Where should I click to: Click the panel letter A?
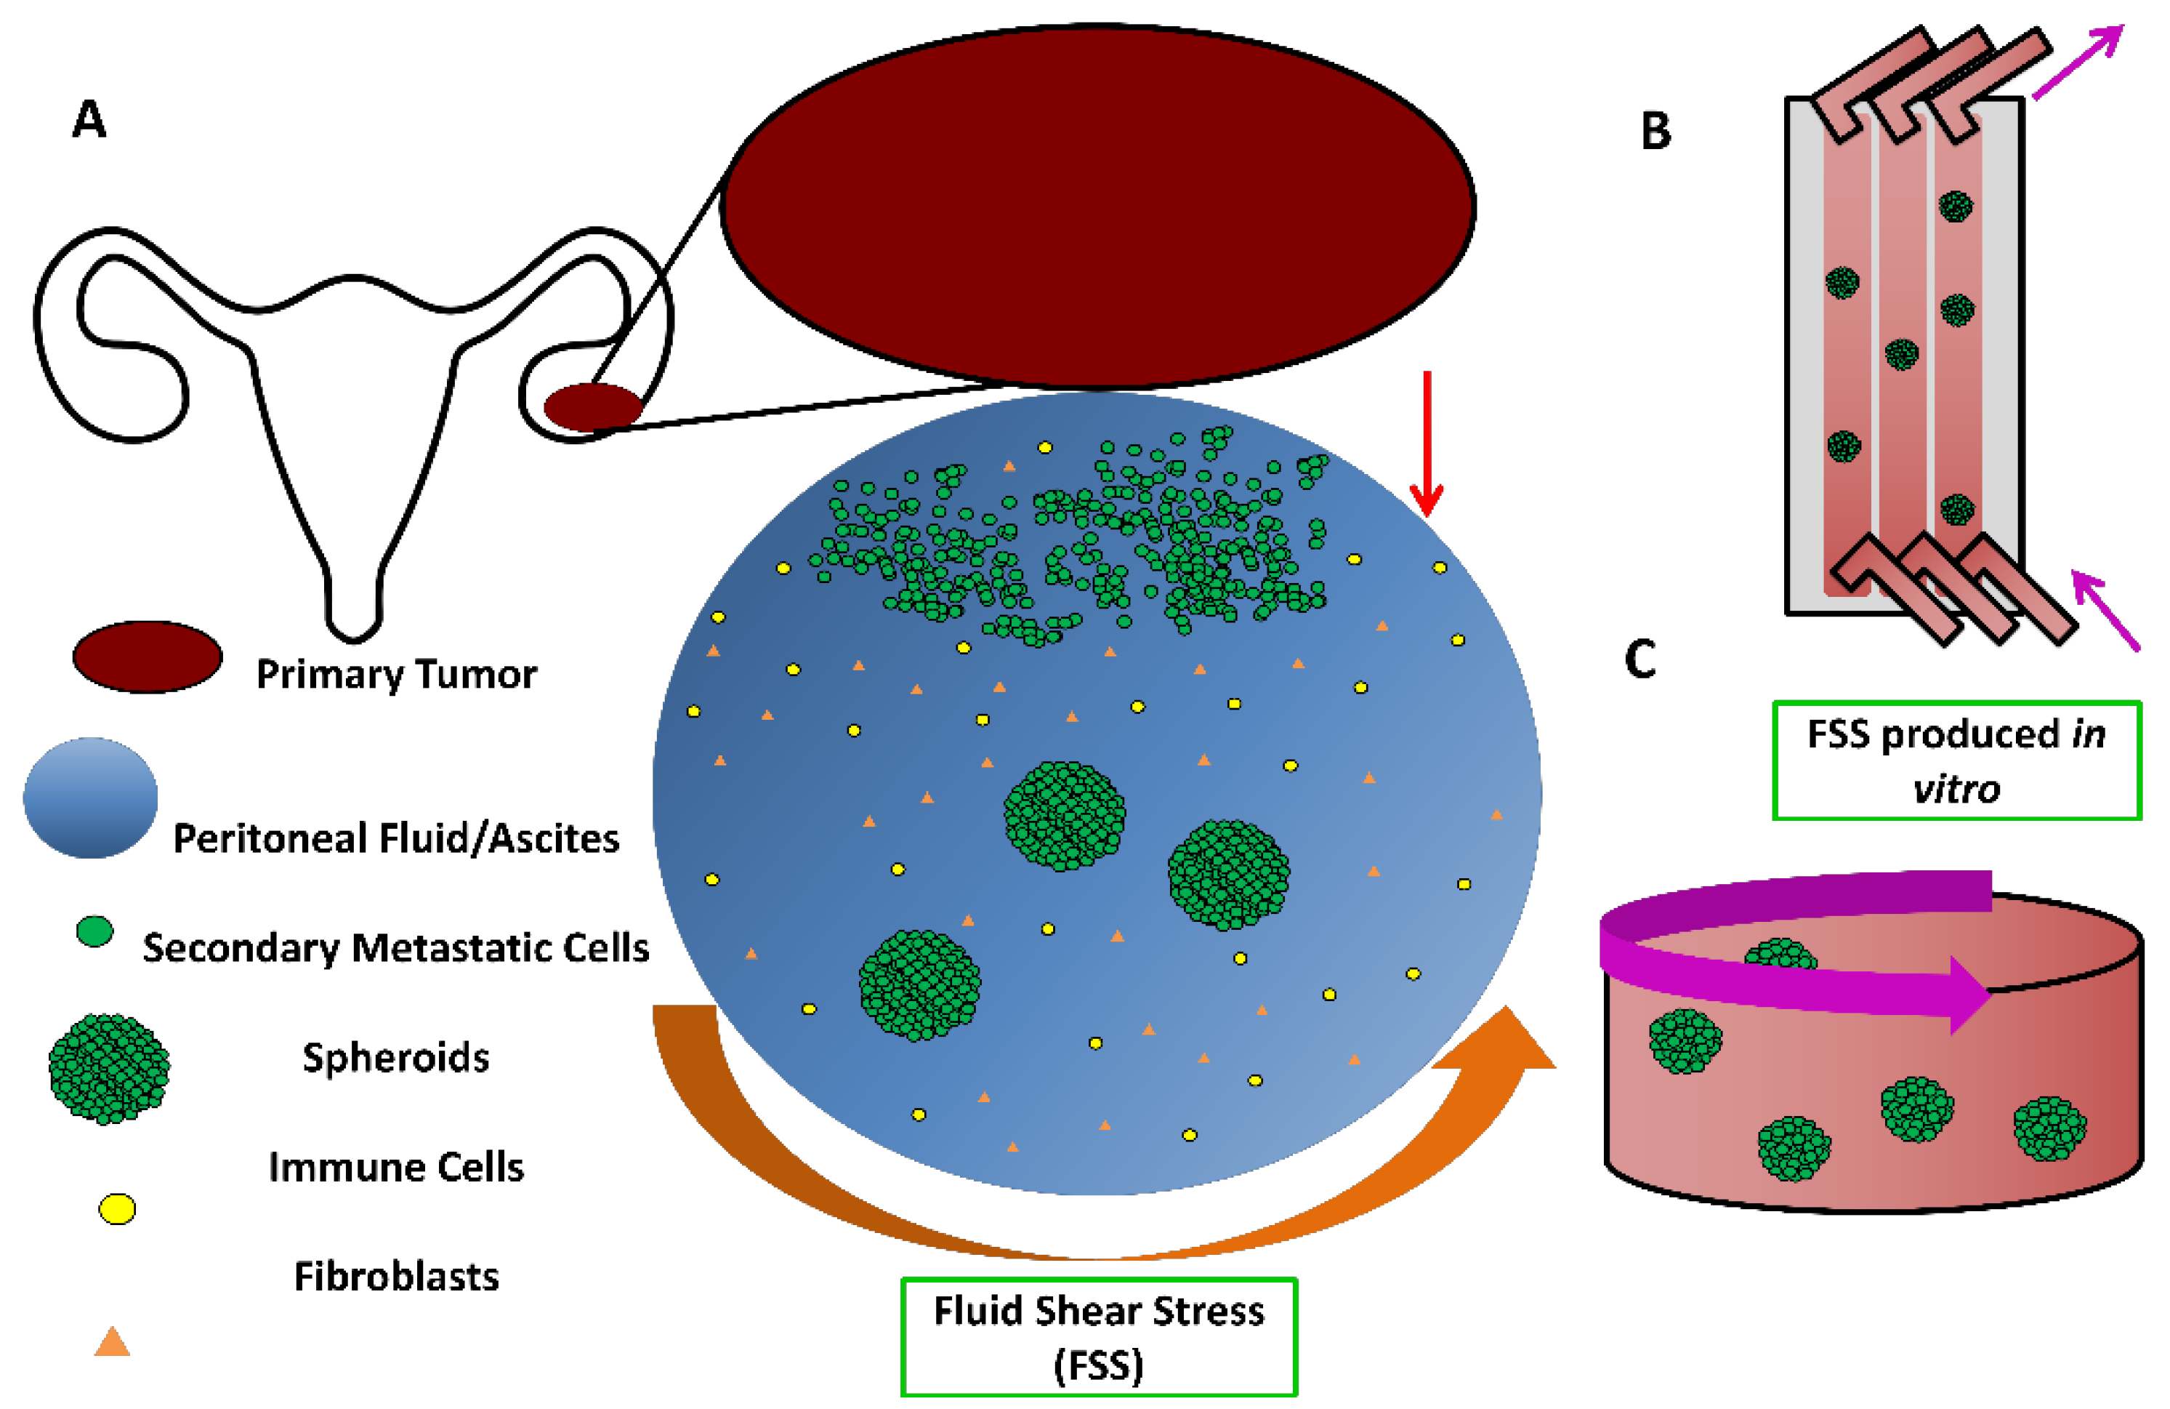pos(89,119)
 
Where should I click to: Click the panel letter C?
pos(1640,659)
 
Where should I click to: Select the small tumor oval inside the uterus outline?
pos(594,406)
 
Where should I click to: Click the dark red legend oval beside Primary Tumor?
pos(147,657)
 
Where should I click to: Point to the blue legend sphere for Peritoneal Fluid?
pos(90,798)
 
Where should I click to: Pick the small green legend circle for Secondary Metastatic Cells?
pos(94,932)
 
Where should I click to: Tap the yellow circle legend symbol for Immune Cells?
pos(117,1209)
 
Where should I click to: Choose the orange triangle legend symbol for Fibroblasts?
pos(112,1342)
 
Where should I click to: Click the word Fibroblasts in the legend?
pos(396,1277)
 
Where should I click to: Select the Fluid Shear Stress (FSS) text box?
pos(1099,1337)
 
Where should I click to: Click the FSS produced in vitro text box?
pos(1956,760)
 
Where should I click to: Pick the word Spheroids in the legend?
pos(396,1058)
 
